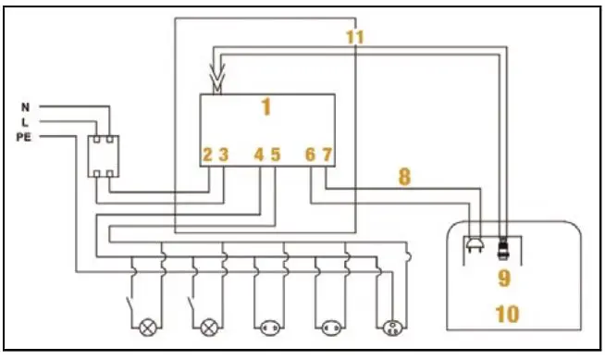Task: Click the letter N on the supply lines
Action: click(x=24, y=107)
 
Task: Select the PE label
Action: click(x=24, y=137)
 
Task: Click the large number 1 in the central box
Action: click(x=266, y=107)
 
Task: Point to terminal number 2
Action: click(x=208, y=155)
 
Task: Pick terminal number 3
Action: click(x=223, y=155)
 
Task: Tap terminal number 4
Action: click(x=260, y=155)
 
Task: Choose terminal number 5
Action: click(x=275, y=155)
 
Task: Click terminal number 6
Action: click(x=311, y=155)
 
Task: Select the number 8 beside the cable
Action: click(x=403, y=176)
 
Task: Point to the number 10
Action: click(x=506, y=314)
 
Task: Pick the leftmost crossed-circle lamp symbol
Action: click(x=146, y=327)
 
